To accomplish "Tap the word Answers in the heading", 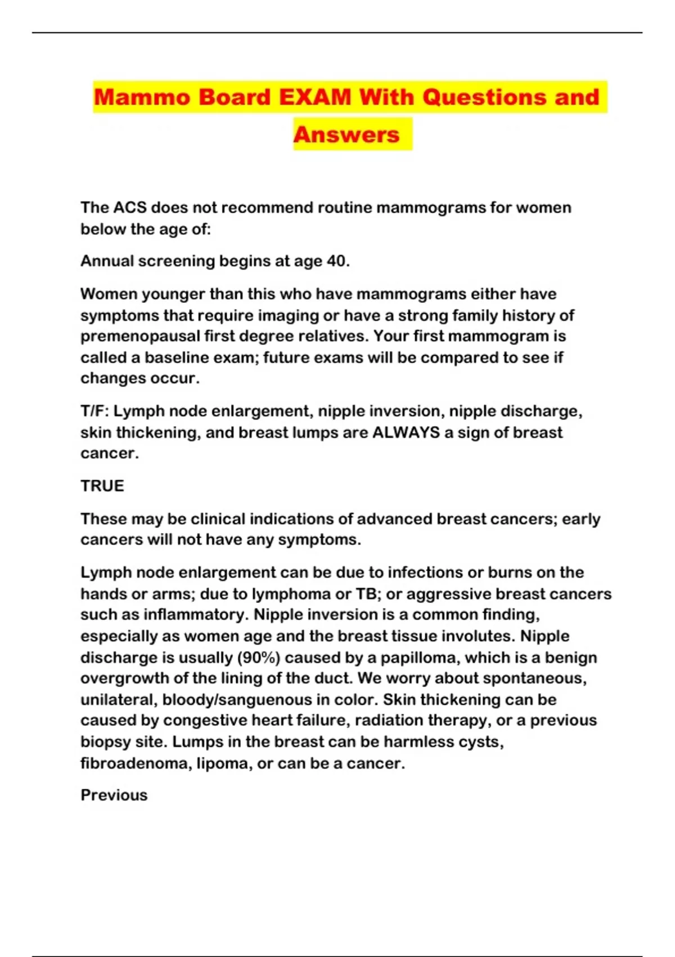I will point(346,135).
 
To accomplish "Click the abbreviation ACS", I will point(130,208).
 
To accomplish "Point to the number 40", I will point(338,261).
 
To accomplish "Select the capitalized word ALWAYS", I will point(406,432).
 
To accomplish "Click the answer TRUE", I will point(102,486).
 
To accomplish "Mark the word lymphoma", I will point(291,594).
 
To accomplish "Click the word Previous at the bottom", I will point(114,795).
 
